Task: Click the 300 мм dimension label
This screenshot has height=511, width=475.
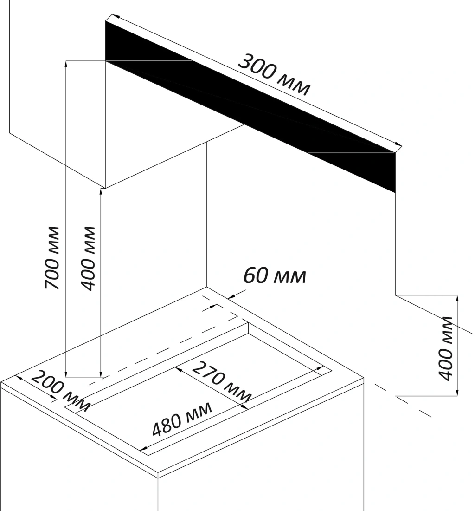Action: [274, 74]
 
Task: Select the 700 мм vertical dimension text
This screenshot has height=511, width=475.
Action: [52, 258]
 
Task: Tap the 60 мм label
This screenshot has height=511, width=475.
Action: [275, 275]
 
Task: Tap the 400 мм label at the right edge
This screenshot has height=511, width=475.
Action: [446, 347]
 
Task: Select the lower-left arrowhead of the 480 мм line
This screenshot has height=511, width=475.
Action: [143, 450]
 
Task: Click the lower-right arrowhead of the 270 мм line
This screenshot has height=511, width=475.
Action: [246, 407]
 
